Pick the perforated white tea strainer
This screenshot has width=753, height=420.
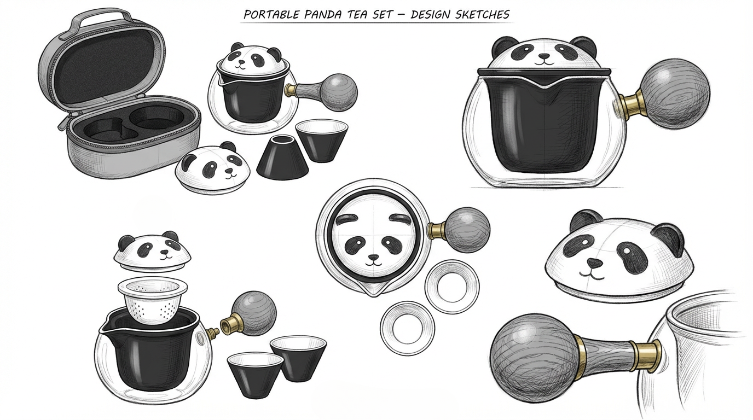click(x=153, y=300)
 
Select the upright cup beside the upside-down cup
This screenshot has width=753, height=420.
click(x=322, y=141)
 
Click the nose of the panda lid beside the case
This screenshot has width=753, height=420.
click(x=230, y=171)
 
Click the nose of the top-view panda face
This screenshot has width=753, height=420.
click(x=373, y=258)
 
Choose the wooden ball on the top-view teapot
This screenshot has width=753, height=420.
click(x=467, y=229)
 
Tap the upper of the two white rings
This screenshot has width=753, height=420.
click(x=452, y=287)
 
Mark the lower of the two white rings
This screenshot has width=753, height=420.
click(x=407, y=328)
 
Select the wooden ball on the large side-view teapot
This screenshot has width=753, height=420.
click(x=675, y=94)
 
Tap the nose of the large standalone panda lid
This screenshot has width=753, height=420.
click(x=594, y=262)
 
